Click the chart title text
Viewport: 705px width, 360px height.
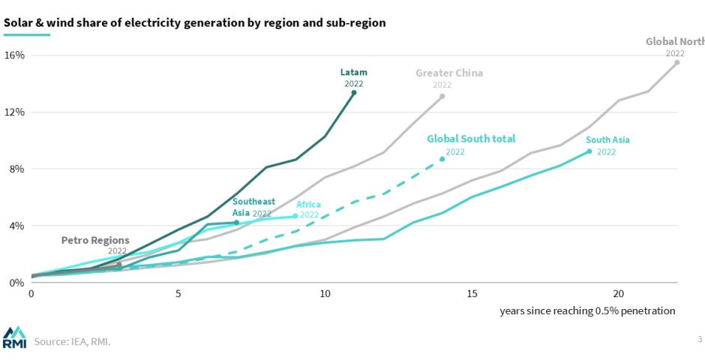(195, 22)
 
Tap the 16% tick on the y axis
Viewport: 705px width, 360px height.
(15, 55)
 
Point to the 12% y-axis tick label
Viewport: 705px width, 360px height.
(15, 112)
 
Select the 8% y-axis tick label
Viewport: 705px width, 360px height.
(16, 169)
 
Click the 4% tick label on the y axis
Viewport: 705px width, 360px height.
(16, 226)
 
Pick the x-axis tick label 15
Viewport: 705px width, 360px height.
(472, 293)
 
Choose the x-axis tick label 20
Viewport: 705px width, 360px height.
(619, 293)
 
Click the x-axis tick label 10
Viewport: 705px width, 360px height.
(325, 293)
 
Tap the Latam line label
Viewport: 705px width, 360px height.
(354, 73)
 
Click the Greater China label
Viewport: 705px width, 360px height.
(449, 73)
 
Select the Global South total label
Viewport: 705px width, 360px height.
(471, 139)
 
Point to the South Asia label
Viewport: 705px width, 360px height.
(607, 139)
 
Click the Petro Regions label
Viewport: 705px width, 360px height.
(95, 240)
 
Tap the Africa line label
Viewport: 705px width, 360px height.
(309, 204)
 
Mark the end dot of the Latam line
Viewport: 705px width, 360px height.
(354, 92)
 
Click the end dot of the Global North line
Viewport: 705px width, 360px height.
(676, 62)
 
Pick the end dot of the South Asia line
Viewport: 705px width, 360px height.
(589, 151)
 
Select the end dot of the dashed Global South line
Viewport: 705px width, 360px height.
(442, 159)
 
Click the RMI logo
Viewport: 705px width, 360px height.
(14, 337)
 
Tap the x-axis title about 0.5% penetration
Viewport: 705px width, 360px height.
(587, 310)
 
